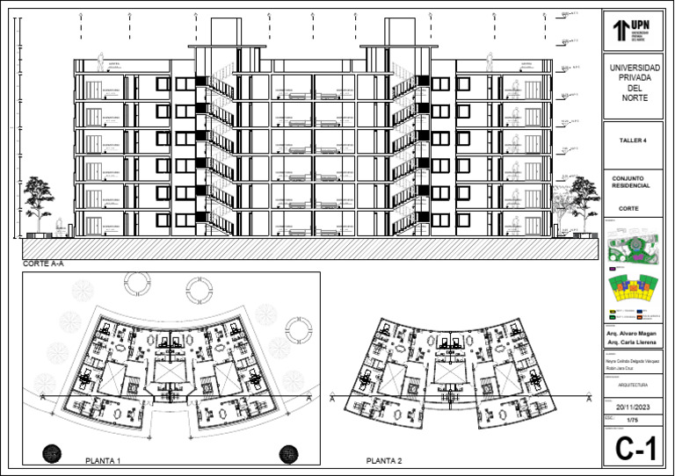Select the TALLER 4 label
point(632,140)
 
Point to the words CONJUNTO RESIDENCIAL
point(631,182)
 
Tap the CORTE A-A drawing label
point(43,263)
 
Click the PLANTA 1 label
point(102,460)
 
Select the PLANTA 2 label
point(384,460)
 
